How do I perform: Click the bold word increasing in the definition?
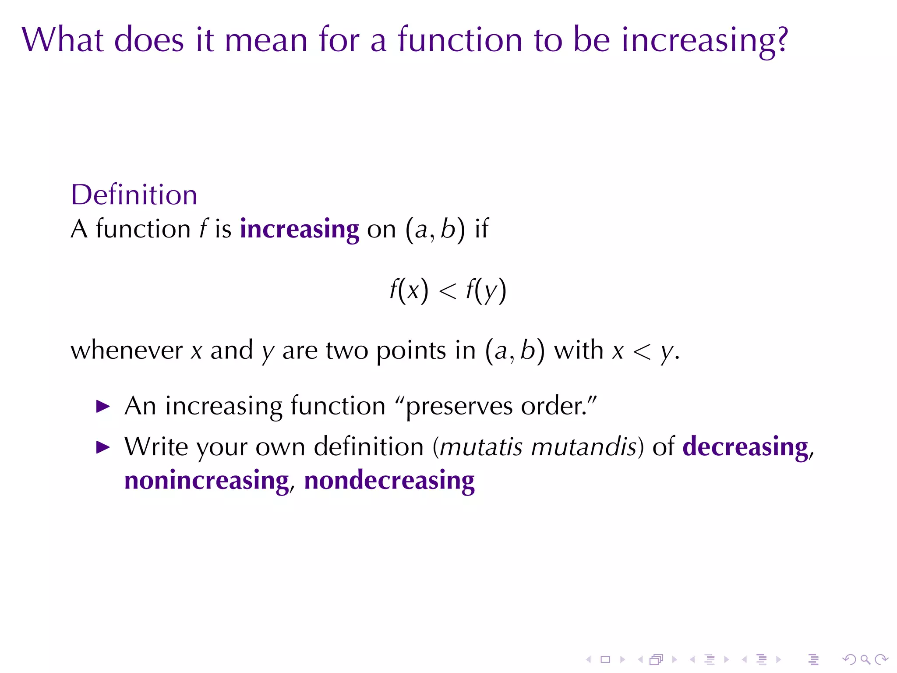click(x=299, y=229)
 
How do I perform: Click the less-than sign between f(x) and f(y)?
click(x=447, y=291)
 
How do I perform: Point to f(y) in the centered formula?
click(x=486, y=290)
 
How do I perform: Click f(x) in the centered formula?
click(x=409, y=290)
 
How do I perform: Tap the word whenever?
click(x=127, y=350)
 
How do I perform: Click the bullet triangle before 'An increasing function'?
click(x=103, y=406)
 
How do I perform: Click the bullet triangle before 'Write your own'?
click(x=103, y=447)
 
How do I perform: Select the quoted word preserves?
click(x=459, y=406)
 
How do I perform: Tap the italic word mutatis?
click(x=481, y=447)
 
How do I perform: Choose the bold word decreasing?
click(x=745, y=447)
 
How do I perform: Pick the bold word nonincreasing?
click(x=206, y=481)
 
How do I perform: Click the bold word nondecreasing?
click(x=389, y=481)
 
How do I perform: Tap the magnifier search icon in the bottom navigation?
click(x=865, y=659)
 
